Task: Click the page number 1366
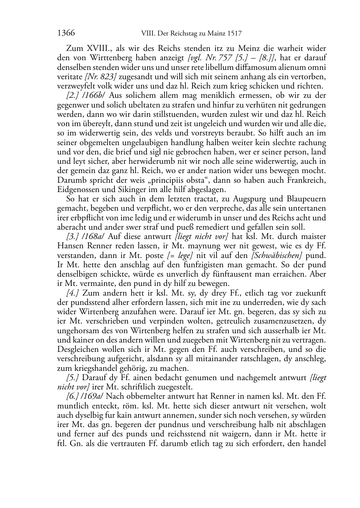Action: (66, 34)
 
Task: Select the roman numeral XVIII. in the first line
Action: (98, 49)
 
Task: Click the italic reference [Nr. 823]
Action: (100, 77)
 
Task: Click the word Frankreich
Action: (307, 180)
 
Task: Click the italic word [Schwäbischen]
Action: (281, 255)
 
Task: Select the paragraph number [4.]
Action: (73, 293)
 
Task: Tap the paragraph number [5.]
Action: (73, 377)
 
